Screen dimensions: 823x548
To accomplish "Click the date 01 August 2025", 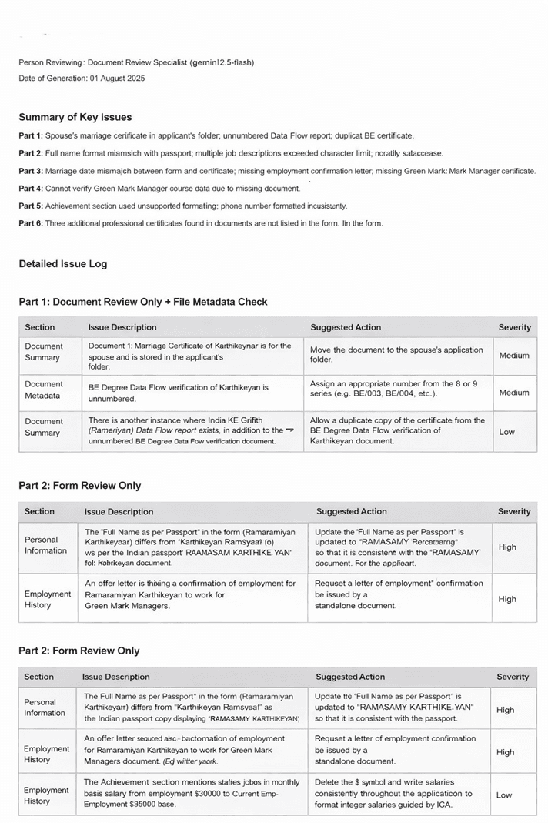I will (117, 79).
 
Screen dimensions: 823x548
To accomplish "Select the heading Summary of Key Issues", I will (75, 118).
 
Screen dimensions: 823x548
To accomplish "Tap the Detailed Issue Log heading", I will (63, 264).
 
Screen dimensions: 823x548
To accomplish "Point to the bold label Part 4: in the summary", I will (31, 189).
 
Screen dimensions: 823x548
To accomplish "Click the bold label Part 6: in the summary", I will (31, 223).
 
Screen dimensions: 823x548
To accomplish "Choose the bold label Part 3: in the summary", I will (31, 171).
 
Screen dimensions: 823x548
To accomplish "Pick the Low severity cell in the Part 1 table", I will (506, 432).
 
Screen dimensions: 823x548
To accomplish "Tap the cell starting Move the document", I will (396, 355).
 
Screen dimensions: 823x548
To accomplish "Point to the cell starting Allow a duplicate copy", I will (397, 431).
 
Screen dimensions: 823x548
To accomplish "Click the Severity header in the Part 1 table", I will (514, 327).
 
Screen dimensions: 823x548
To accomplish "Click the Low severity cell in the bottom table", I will (503, 795).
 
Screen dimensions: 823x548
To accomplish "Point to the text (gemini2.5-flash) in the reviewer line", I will (222, 62).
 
